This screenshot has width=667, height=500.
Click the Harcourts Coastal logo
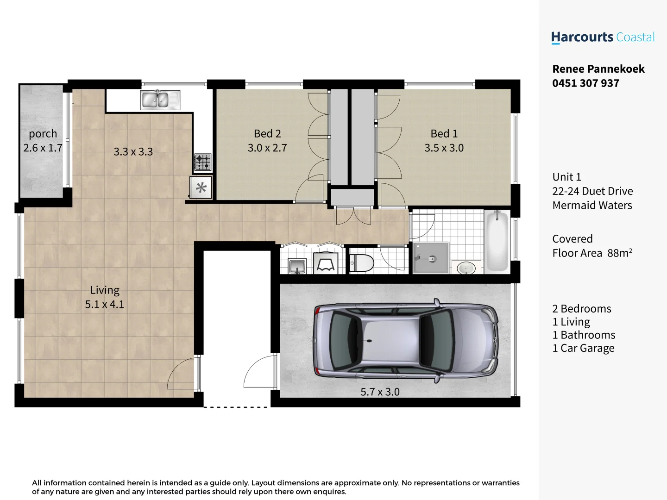(x=603, y=37)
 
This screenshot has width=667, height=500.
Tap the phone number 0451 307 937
(x=585, y=83)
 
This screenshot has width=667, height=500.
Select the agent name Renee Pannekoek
(x=598, y=69)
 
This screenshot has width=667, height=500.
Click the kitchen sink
(x=160, y=100)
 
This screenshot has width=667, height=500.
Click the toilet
(x=362, y=263)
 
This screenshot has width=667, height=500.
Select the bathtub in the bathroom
(x=497, y=241)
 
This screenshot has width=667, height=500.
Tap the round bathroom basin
(x=466, y=268)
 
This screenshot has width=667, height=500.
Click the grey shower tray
(x=431, y=258)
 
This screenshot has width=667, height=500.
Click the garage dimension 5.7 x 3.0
(x=380, y=392)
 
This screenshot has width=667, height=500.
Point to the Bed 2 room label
(x=267, y=134)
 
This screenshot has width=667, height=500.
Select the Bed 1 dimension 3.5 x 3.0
(x=444, y=148)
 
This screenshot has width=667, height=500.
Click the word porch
(x=43, y=134)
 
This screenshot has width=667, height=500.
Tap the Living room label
(x=105, y=290)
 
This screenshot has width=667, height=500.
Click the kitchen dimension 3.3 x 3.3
(x=133, y=152)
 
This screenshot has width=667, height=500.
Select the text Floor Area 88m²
(x=591, y=253)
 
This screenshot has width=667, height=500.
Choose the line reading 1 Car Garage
(x=583, y=348)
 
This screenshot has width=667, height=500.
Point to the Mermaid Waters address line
(x=592, y=206)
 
